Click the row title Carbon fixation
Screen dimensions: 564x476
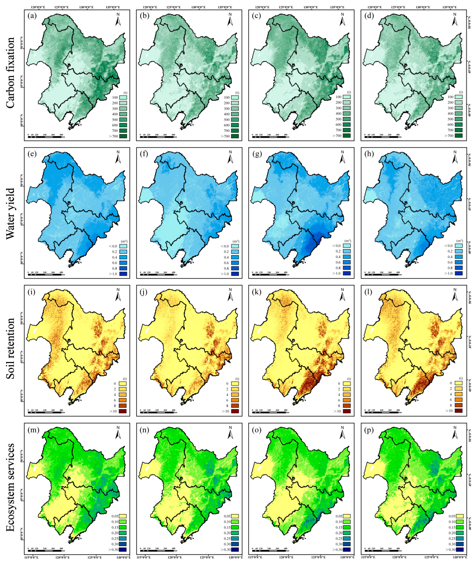click(x=10, y=73)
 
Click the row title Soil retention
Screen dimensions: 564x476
click(x=10, y=349)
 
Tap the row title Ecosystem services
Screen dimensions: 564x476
click(x=10, y=486)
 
